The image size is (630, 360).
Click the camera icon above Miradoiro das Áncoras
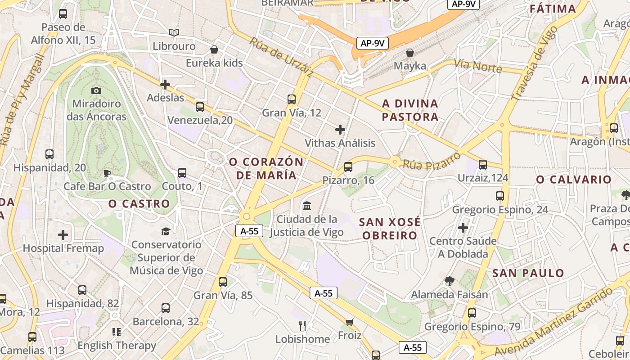click(x=96, y=90)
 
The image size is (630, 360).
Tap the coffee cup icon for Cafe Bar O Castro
click(x=107, y=173)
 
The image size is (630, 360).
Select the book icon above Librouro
click(x=174, y=32)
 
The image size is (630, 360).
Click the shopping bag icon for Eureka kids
click(x=215, y=49)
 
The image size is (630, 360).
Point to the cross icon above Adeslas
click(x=165, y=84)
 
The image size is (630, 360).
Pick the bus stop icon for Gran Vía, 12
click(x=292, y=99)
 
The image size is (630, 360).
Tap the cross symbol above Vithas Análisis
click(x=340, y=130)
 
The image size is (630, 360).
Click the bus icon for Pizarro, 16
click(x=348, y=167)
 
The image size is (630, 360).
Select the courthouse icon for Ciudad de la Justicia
click(x=307, y=206)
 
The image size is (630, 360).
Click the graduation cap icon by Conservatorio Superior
click(x=166, y=231)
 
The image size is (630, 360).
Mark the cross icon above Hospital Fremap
click(x=63, y=235)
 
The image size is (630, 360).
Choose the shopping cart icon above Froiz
click(x=350, y=322)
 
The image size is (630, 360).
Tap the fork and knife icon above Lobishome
click(x=302, y=325)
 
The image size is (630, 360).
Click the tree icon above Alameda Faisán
click(x=449, y=282)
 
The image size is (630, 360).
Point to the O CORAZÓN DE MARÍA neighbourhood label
click(x=266, y=168)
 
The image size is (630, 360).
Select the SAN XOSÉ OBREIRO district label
click(x=390, y=229)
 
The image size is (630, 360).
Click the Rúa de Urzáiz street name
click(x=281, y=57)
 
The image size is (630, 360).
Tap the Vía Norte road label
click(x=478, y=66)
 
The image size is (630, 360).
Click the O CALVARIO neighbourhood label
click(x=574, y=180)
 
